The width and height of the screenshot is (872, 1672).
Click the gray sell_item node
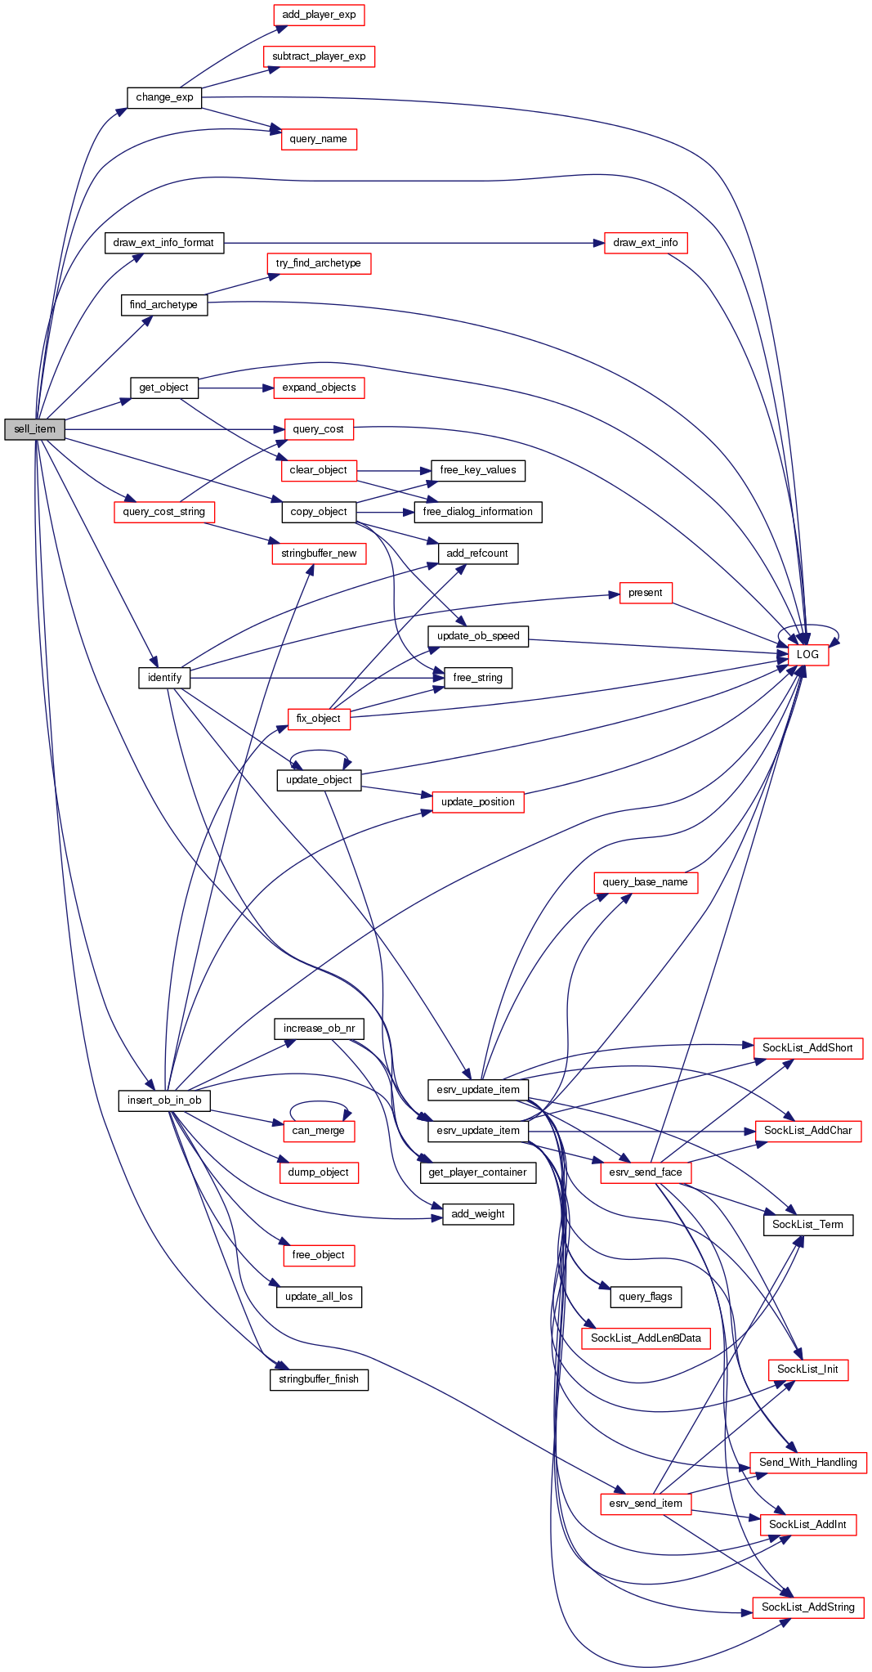(34, 429)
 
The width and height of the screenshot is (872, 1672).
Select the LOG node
(807, 654)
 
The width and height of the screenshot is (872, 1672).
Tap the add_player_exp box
(319, 15)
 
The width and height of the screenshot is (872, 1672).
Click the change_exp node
(164, 97)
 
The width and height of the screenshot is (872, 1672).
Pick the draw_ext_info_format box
(163, 243)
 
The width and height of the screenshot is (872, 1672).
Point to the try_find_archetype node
(319, 263)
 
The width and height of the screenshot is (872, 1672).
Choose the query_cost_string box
(163, 512)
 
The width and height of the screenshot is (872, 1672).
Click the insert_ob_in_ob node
(164, 1100)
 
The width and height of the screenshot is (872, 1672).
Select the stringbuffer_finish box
(319, 1378)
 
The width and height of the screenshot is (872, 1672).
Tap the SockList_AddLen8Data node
(646, 1338)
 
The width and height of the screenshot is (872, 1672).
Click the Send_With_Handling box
(807, 1462)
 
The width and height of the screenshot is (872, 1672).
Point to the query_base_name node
(646, 882)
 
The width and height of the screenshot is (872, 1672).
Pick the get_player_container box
(478, 1172)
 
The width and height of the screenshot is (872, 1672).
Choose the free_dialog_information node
(478, 512)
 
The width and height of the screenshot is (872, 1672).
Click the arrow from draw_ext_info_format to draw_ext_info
(409, 243)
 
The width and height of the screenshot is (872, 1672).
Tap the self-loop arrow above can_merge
(319, 1103)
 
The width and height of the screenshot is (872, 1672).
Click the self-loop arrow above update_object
(319, 751)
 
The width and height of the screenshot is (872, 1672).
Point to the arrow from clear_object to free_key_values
(392, 470)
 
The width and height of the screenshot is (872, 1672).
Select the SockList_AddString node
(807, 1607)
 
